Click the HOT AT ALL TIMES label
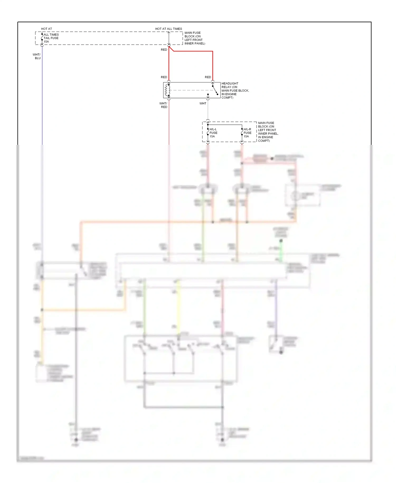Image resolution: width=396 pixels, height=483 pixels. pyautogui.click(x=168, y=29)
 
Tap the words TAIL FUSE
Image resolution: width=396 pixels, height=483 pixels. pyautogui.click(x=51, y=38)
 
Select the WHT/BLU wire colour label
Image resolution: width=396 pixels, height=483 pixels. pyautogui.click(x=37, y=56)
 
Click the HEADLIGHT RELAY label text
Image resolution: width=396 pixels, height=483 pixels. pyautogui.click(x=230, y=83)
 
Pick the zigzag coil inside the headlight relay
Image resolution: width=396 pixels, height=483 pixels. pyautogui.click(x=166, y=90)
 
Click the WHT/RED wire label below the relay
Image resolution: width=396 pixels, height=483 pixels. pyautogui.click(x=163, y=105)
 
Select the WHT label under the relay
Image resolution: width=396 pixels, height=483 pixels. pyautogui.click(x=203, y=103)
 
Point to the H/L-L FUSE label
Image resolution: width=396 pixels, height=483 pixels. pyautogui.click(x=213, y=131)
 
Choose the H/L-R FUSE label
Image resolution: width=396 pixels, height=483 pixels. pyautogui.click(x=247, y=131)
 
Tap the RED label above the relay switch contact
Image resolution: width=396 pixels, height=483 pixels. pyautogui.click(x=208, y=77)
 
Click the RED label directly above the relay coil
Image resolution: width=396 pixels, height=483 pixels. pyautogui.click(x=164, y=77)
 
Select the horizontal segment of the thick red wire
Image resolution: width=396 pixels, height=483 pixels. pyautogui.click(x=193, y=51)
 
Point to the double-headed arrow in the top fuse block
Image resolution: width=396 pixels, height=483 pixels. pyautogui.click(x=169, y=38)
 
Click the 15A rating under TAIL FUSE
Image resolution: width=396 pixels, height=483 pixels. pyautogui.click(x=46, y=42)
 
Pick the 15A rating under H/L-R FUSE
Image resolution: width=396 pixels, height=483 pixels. pyautogui.click(x=246, y=136)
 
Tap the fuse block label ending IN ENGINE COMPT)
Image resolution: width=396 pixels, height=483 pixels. pyautogui.click(x=268, y=132)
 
